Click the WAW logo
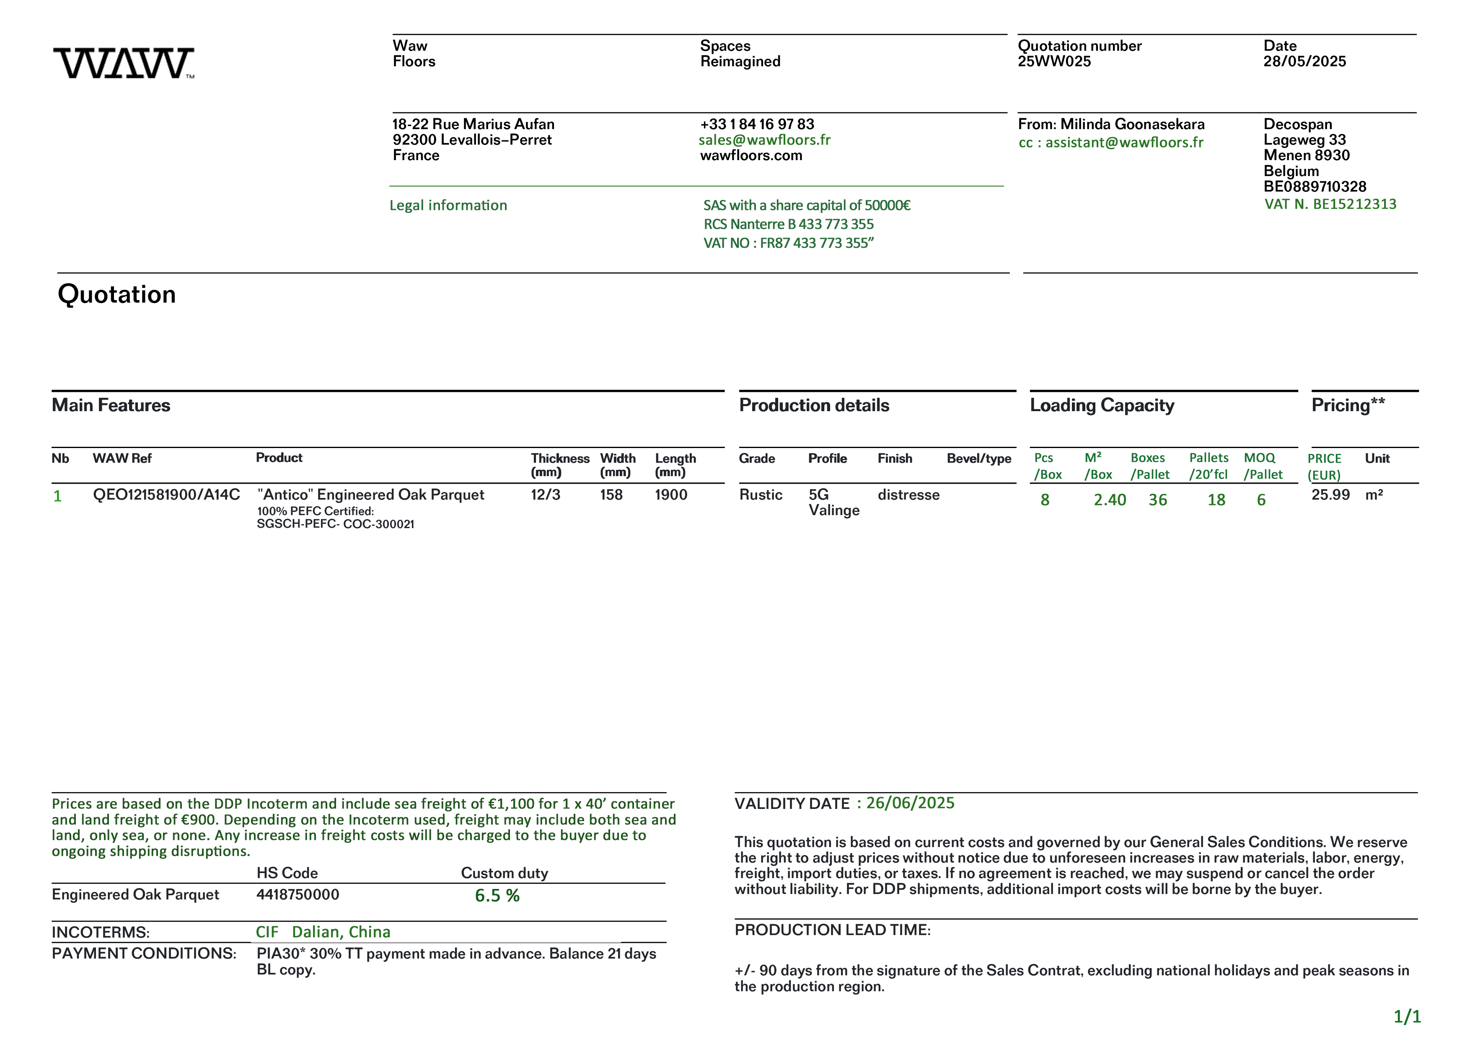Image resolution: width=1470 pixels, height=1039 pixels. click(x=124, y=63)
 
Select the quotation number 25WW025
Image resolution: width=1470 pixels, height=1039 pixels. click(x=1054, y=62)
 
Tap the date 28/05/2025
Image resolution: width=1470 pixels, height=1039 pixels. click(x=1304, y=62)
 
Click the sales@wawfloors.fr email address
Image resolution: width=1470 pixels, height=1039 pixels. click(x=764, y=140)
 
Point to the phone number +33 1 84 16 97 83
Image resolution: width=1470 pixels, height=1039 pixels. click(x=757, y=124)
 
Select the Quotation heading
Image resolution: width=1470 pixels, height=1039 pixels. click(x=116, y=295)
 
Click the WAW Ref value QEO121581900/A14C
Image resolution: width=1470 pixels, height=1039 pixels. click(x=166, y=495)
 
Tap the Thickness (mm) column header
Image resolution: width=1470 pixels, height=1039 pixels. click(x=559, y=465)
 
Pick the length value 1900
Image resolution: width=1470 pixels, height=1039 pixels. click(x=671, y=495)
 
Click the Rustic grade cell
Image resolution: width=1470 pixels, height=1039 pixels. click(x=761, y=495)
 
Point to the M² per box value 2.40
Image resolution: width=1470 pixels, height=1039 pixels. click(x=1110, y=500)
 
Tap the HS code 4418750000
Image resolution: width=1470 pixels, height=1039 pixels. click(x=298, y=894)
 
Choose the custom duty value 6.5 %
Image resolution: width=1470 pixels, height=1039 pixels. click(x=497, y=896)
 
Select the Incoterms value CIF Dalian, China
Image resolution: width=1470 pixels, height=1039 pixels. click(x=324, y=932)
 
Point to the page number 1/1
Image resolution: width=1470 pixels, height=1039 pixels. click(x=1407, y=1016)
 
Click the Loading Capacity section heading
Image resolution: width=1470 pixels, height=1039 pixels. click(x=1102, y=405)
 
